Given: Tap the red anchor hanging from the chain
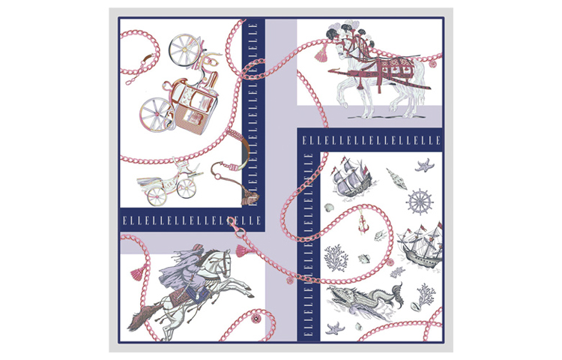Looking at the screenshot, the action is [x=363, y=224].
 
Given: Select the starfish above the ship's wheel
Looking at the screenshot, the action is [x=425, y=166].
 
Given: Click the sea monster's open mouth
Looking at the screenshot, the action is [x=337, y=295].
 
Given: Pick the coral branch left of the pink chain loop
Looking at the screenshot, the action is [x=336, y=258].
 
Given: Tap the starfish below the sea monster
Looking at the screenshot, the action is [x=336, y=328].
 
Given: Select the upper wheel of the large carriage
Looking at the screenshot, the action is [x=184, y=49].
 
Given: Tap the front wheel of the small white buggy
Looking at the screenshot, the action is [x=187, y=188].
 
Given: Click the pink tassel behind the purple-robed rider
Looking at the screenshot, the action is [x=137, y=272].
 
